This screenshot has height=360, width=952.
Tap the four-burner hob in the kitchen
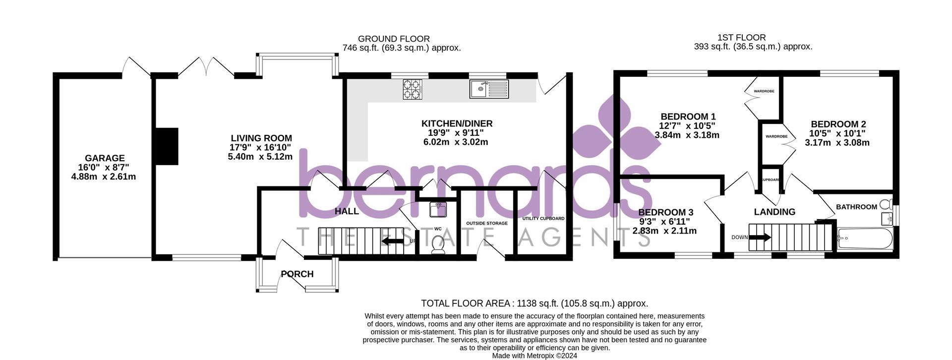(x=412, y=90)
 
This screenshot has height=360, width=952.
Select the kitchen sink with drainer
(x=489, y=89)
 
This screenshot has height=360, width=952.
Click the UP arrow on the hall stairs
(x=392, y=241)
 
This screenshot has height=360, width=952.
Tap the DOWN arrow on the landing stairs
(x=760, y=238)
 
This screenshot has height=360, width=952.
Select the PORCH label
(x=297, y=274)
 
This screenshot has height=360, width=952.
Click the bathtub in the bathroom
(x=865, y=239)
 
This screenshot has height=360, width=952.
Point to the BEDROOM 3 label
(x=665, y=213)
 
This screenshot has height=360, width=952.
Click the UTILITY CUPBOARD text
(x=543, y=218)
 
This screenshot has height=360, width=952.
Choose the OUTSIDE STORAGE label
(x=486, y=223)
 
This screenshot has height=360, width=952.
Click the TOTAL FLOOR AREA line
(x=534, y=303)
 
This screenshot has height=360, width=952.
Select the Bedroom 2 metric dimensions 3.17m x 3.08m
(x=837, y=143)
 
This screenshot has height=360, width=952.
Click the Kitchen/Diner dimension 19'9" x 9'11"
(x=455, y=133)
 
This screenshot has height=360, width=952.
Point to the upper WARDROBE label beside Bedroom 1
(x=764, y=91)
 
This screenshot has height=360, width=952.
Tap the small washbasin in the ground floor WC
(x=438, y=209)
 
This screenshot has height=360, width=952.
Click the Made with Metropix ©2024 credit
(x=534, y=356)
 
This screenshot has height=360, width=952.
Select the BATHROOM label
(x=856, y=207)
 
